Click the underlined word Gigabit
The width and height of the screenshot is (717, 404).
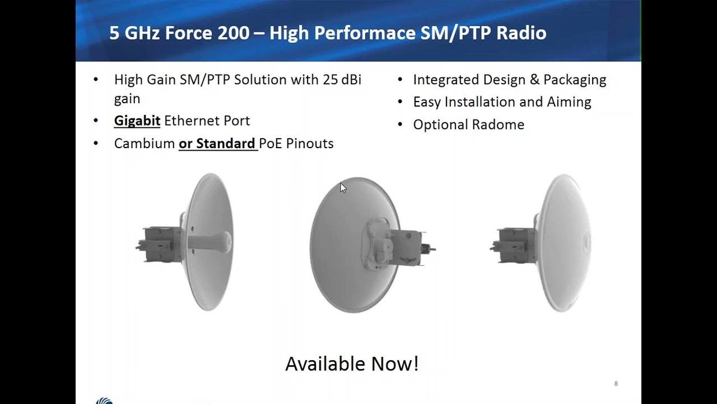point(137,121)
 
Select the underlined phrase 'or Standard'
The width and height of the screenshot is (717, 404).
point(217,144)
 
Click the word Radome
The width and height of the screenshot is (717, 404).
point(500,125)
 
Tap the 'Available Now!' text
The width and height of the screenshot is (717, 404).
point(352,364)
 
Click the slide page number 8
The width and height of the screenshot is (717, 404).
point(616,384)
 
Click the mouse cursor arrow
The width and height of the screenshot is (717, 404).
point(343,187)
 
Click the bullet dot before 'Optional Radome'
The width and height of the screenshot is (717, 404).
point(400,125)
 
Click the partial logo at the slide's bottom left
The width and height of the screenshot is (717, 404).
point(104,401)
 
